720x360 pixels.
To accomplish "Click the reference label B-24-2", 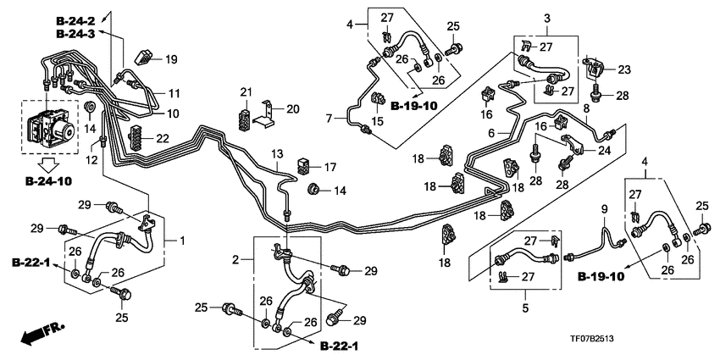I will click(x=81, y=19).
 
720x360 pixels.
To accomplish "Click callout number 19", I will click(x=171, y=59).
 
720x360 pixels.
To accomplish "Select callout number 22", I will click(x=162, y=138).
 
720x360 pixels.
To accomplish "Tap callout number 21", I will click(x=246, y=91).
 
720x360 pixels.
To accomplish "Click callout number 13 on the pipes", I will click(x=276, y=152).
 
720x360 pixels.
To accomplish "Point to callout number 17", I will click(x=330, y=167).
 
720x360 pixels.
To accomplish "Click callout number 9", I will click(x=604, y=208).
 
